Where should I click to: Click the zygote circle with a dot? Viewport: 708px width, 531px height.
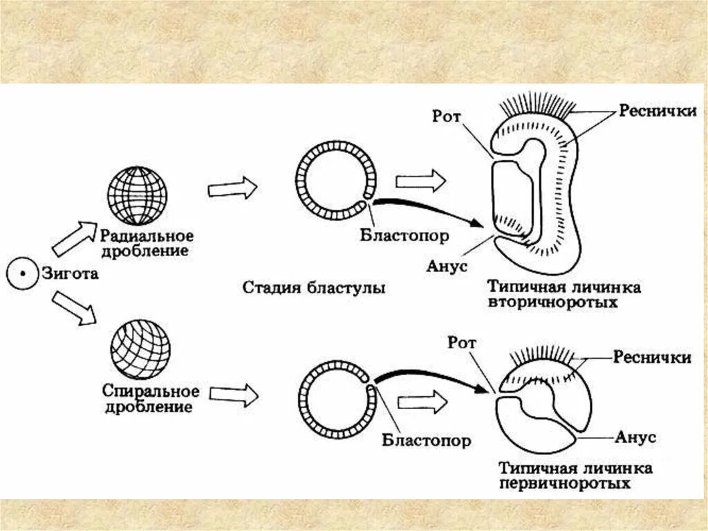[22, 274]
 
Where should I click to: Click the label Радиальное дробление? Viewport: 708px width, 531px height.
[145, 242]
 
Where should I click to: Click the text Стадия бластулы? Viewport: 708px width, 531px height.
[314, 287]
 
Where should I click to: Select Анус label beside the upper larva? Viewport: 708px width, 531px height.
[447, 266]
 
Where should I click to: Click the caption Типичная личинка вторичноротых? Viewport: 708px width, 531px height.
[563, 295]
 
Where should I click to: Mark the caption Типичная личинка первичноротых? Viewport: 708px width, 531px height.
[573, 476]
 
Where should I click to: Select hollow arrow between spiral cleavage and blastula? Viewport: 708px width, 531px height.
[234, 395]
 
